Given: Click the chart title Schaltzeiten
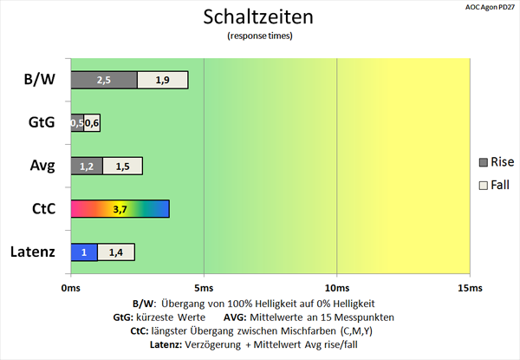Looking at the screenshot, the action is (x=258, y=16).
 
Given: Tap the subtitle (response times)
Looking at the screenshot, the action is (x=260, y=36).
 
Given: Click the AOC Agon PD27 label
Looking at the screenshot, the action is (x=490, y=8).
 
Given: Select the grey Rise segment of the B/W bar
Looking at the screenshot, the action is (x=104, y=80).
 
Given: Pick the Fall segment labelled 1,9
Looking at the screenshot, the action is (x=163, y=80).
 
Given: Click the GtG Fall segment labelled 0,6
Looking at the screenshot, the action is (x=92, y=123).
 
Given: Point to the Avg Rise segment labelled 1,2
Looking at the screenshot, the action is (x=87, y=166).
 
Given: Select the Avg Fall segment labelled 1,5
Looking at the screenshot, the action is (x=123, y=166).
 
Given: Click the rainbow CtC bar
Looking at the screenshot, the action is (x=120, y=209).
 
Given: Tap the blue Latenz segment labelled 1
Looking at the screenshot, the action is (x=84, y=252).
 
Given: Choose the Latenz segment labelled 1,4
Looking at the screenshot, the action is (x=116, y=252).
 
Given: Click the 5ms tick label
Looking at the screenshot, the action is (x=204, y=288).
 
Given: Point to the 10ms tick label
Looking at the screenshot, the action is (x=337, y=288).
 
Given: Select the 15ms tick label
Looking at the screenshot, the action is (x=470, y=288).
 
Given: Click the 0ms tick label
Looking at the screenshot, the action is (x=71, y=288).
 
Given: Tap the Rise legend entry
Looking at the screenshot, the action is (x=497, y=162).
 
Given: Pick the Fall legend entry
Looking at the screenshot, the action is (x=494, y=185).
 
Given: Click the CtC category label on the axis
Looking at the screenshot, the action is (x=44, y=209).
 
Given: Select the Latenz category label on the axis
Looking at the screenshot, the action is (x=33, y=252).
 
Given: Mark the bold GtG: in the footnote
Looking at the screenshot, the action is (x=123, y=317).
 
